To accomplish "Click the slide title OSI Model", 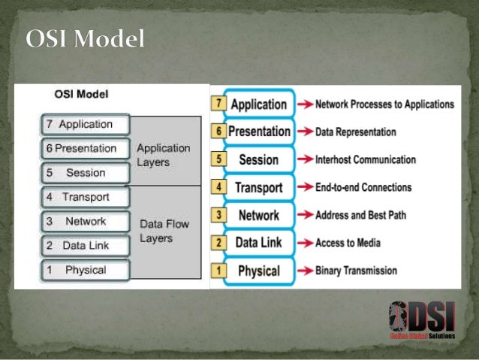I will pyautogui.click(x=85, y=39).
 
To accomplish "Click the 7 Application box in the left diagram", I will pyautogui.click(x=85, y=125).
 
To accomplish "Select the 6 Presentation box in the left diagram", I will pyautogui.click(x=85, y=149).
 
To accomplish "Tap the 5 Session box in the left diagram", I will pyautogui.click(x=85, y=173).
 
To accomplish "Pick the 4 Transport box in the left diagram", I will pyautogui.click(x=85, y=198).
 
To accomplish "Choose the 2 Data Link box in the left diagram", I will pyautogui.click(x=85, y=246).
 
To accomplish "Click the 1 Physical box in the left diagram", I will pyautogui.click(x=85, y=270).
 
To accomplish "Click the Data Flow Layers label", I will pyautogui.click(x=164, y=231).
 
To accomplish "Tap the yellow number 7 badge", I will pyautogui.click(x=218, y=103).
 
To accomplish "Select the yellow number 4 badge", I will pyautogui.click(x=218, y=186).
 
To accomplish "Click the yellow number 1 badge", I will pyautogui.click(x=218, y=270).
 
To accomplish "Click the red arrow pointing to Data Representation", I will pyautogui.click(x=305, y=132).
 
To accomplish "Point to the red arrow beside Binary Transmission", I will pyautogui.click(x=305, y=271).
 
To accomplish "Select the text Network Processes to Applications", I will pyautogui.click(x=384, y=104).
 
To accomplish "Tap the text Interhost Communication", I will pyautogui.click(x=365, y=160).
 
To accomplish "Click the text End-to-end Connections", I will pyautogui.click(x=363, y=187).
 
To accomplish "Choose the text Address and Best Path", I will pyautogui.click(x=360, y=215).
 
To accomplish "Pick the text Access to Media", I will pyautogui.click(x=348, y=243).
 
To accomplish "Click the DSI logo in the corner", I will pyautogui.click(x=422, y=321).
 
